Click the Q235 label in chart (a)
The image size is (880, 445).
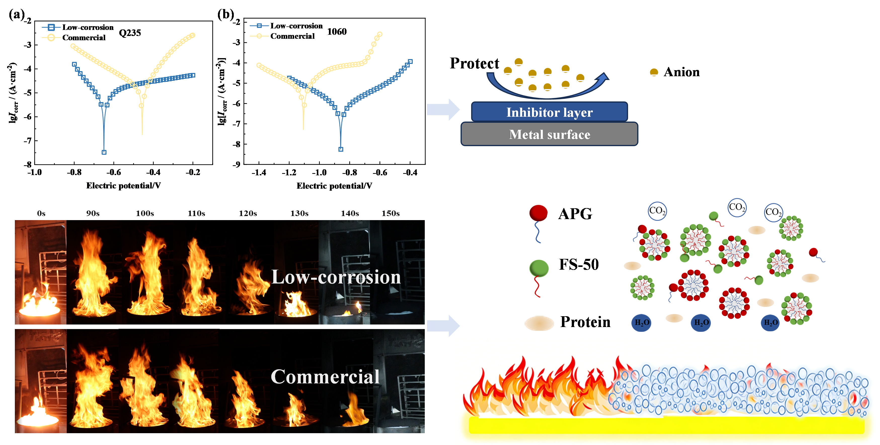click(130, 33)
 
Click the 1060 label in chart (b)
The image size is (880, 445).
click(337, 31)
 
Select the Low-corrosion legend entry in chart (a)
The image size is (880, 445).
click(78, 27)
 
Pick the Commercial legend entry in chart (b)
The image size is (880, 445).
click(283, 36)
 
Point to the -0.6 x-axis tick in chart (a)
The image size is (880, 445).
click(113, 172)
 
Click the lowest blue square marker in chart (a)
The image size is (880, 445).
click(104, 152)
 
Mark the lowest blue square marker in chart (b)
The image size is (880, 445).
click(340, 149)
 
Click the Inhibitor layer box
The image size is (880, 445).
click(549, 112)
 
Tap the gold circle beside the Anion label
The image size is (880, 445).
click(654, 72)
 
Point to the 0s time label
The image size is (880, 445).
click(41, 214)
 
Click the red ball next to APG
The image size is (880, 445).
click(538, 213)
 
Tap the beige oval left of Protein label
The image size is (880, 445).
click(539, 323)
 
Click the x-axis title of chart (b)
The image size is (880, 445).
click(334, 186)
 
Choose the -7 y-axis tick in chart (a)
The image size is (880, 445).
click(28, 141)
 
